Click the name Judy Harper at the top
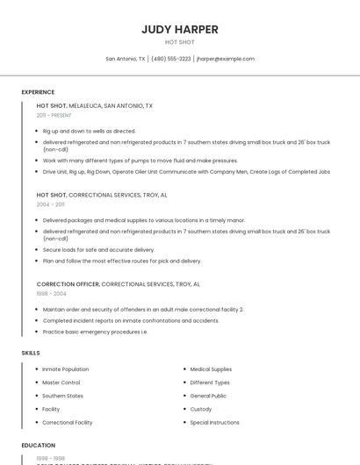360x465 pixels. click(x=179, y=29)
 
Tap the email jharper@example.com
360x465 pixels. click(x=226, y=59)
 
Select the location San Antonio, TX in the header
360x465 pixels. click(x=126, y=59)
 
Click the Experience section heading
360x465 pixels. click(x=38, y=92)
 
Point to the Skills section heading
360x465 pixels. click(x=31, y=353)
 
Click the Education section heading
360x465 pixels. click(x=39, y=446)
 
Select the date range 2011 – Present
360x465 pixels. click(x=54, y=115)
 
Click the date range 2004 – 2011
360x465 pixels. click(x=50, y=204)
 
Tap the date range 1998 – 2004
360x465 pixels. click(x=51, y=294)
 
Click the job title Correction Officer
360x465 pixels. click(x=68, y=284)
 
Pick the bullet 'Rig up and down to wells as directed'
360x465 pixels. click(x=89, y=131)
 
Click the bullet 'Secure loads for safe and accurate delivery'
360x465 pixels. click(x=98, y=250)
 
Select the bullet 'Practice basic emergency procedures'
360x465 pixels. click(x=95, y=332)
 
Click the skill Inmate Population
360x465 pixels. click(x=65, y=369)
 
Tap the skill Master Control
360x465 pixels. click(x=61, y=383)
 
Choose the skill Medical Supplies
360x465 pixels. click(x=211, y=369)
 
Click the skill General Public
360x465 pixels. click(x=208, y=396)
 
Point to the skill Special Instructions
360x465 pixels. click(x=214, y=422)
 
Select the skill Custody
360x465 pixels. click(x=201, y=409)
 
